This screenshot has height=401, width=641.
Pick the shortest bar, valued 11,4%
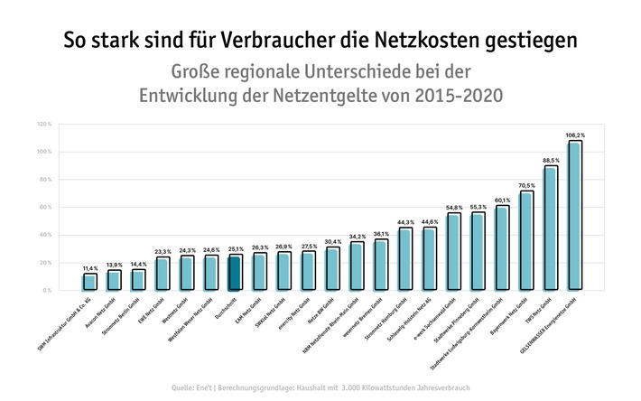click(89, 282)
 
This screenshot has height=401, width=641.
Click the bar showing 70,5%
click(526, 240)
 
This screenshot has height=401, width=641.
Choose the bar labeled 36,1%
click(381, 265)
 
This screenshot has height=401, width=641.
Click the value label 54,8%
click(453, 208)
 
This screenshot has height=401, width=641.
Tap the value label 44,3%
click(404, 222)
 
